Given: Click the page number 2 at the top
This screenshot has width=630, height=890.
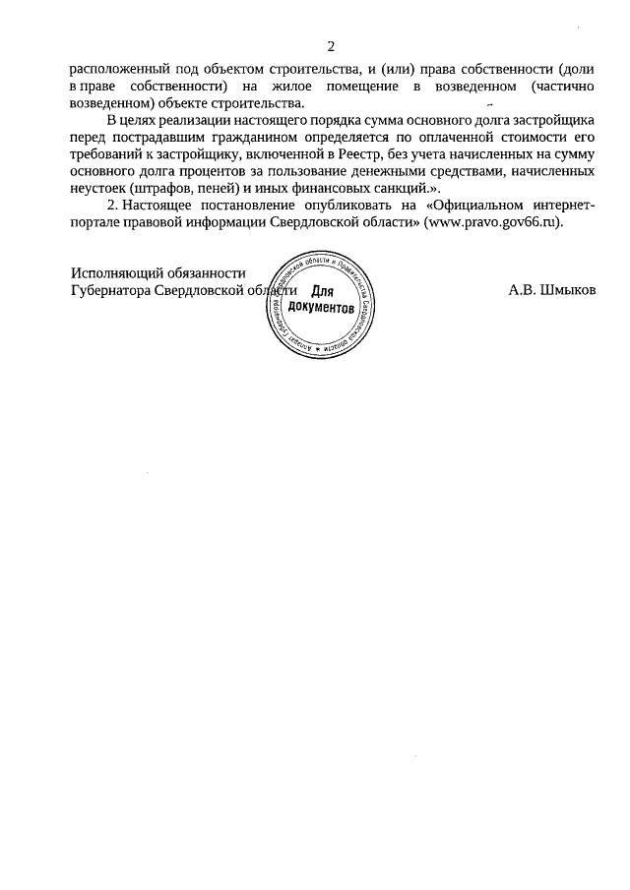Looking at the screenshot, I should (331, 46).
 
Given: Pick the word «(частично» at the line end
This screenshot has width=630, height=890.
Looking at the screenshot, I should (560, 87).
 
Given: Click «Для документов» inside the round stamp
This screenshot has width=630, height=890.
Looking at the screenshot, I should (322, 300).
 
